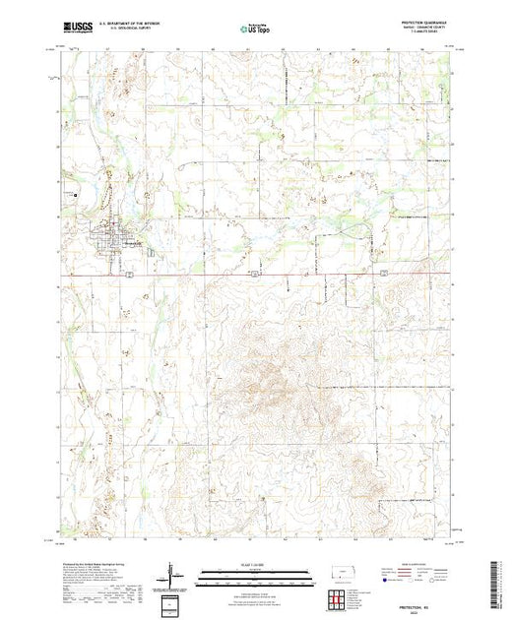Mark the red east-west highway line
295,274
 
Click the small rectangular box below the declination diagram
173,601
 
